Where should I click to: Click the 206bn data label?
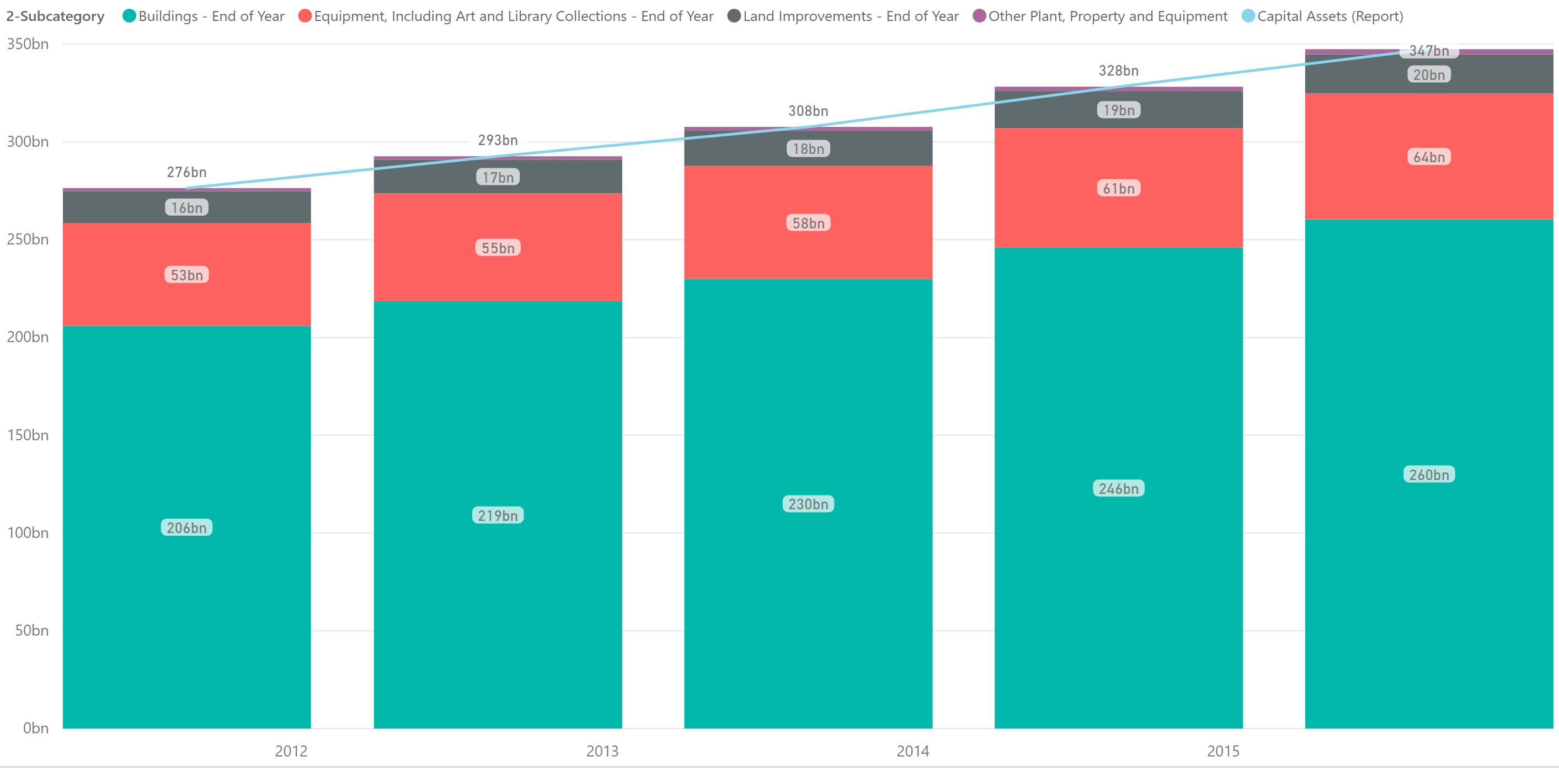[186, 528]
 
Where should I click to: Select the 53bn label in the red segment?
[186, 275]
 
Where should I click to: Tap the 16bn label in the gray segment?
[186, 207]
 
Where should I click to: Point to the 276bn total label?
[186, 173]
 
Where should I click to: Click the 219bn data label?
[498, 516]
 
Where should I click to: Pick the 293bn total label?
[498, 141]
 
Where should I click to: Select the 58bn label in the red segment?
[808, 223]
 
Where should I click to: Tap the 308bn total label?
[808, 111]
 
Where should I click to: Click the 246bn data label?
[1118, 489]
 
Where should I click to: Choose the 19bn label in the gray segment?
[1118, 110]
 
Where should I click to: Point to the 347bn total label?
[1429, 51]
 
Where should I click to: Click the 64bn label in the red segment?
[1429, 157]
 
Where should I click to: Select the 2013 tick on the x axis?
[602, 752]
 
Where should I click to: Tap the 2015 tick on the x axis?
[1223, 752]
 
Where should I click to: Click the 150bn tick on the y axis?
[28, 435]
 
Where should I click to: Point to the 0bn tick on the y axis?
[36, 728]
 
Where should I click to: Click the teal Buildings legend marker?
[129, 17]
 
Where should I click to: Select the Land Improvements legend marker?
[734, 17]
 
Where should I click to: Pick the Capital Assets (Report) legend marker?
[1248, 17]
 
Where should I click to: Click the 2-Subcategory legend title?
[55, 17]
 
